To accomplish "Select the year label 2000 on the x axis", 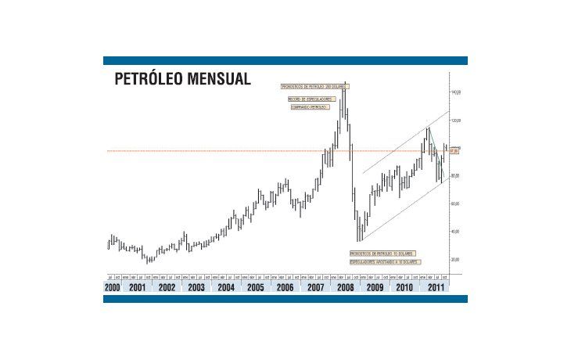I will [113, 287].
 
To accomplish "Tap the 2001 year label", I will [138, 287].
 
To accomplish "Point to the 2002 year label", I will [167, 287].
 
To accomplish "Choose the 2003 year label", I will [196, 287].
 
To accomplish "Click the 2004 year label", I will [226, 287].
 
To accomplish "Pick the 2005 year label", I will [255, 287].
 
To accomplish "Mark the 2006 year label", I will [285, 287].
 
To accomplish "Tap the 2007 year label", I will [314, 287].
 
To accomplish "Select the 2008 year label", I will [344, 287].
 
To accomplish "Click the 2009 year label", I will [374, 287].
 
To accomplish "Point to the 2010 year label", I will [404, 287].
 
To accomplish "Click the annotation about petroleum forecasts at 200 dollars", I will [314, 86].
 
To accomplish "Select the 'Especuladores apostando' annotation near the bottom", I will [382, 261].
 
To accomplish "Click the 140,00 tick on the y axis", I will [456, 92].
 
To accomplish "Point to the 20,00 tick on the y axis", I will [456, 259].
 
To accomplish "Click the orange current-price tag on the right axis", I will [454, 150].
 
